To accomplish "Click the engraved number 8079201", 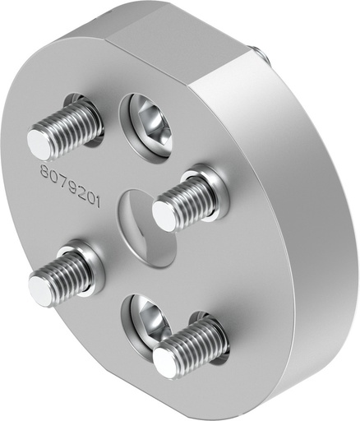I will point(70,185).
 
